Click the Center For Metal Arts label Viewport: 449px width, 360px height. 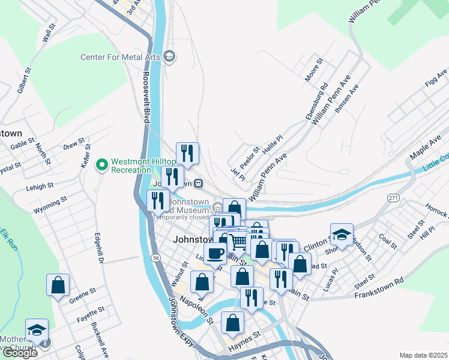pyautogui.click(x=120, y=58)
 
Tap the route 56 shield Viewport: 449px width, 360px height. pyautogui.click(x=156, y=257)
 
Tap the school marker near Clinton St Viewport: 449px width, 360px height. pyautogui.click(x=342, y=235)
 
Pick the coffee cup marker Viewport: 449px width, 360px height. pyautogui.click(x=215, y=253)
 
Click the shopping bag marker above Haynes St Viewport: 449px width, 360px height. pyautogui.click(x=232, y=323)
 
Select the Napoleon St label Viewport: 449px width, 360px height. pyautogui.click(x=198, y=309)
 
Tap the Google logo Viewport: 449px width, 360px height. pyautogui.click(x=20, y=353)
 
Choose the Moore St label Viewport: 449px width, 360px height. pyautogui.click(x=314, y=70)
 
